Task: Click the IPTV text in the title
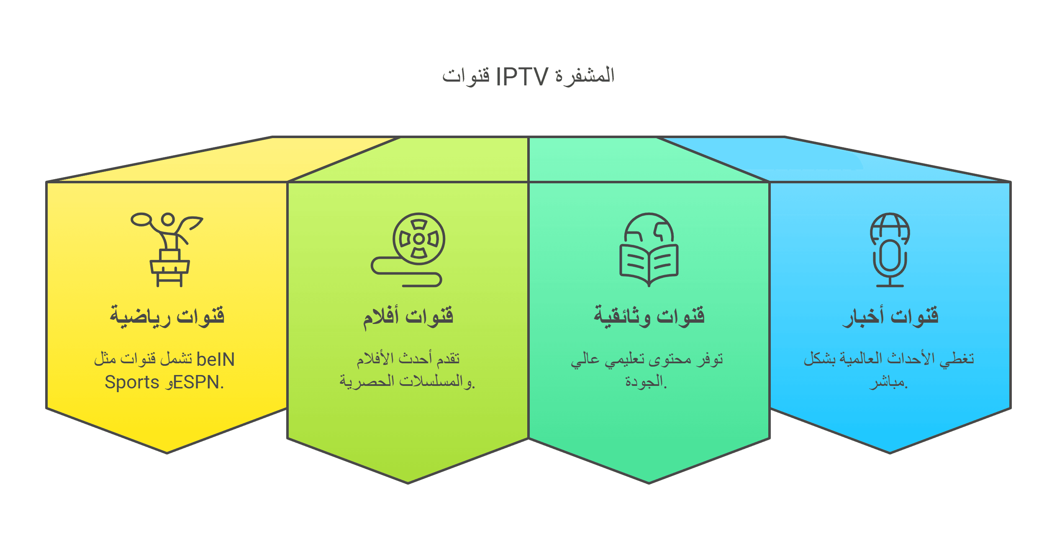pos(522,77)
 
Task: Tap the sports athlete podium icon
pos(167,250)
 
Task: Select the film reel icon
pos(408,250)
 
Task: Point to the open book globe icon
pos(649,250)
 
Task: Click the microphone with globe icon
pos(890,250)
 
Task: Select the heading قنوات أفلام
pos(408,317)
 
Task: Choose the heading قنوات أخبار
pos(890,317)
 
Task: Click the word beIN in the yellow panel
pos(216,360)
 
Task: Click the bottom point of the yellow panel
pos(167,453)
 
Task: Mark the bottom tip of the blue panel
pos(890,453)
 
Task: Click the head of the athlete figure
pos(168,220)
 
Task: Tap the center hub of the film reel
pos(419,239)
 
